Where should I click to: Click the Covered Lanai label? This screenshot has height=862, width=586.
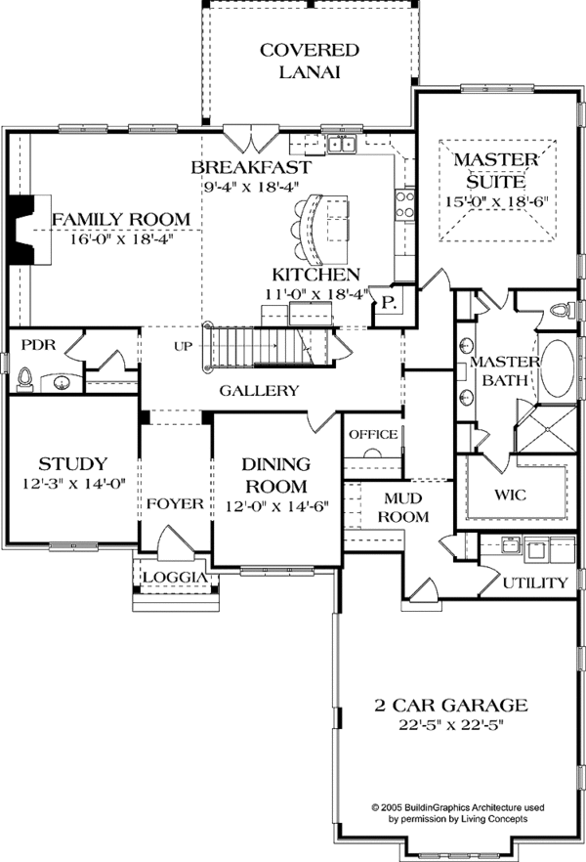309,61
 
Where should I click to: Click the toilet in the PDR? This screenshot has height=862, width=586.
26,380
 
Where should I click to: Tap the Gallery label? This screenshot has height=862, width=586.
259,391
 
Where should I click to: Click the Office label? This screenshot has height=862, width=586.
373,434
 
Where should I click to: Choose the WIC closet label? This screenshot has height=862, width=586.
510,496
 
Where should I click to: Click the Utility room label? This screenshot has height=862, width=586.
534,583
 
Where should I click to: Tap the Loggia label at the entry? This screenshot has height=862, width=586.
174,578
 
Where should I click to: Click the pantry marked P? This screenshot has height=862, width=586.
387,303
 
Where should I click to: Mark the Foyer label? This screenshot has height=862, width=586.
176,504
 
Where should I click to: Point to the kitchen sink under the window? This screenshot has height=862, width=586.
341,147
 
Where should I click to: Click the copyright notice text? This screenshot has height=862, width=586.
458,814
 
